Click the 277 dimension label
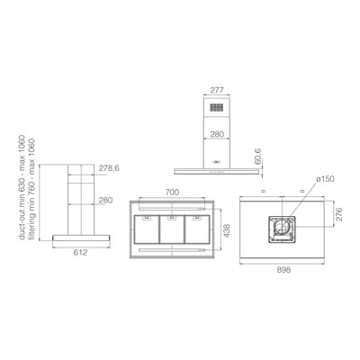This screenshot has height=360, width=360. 217,90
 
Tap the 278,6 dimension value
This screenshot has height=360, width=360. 109,168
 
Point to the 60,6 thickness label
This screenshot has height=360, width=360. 258,157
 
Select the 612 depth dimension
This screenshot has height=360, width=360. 80,253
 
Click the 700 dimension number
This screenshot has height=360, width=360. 172,192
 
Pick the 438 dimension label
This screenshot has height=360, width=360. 227,230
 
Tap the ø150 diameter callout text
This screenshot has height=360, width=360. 325,179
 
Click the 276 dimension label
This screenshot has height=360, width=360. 338,214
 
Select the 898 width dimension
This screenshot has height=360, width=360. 283,270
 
